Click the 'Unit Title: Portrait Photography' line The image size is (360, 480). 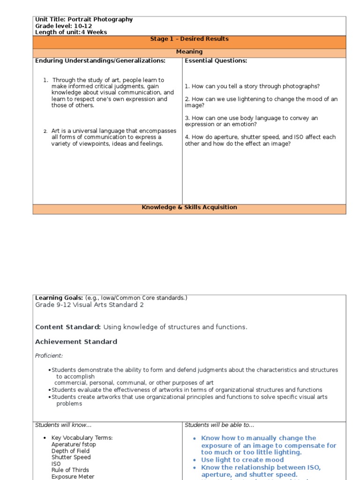[x=84, y=20]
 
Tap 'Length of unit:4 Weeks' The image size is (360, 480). [x=71, y=32]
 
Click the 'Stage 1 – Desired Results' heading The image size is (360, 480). [x=189, y=39]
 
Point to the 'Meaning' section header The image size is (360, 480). [x=189, y=52]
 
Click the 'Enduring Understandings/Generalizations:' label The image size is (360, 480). [x=100, y=61]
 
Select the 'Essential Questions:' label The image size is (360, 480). [x=216, y=61]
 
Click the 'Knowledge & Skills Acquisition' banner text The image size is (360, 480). [x=189, y=207]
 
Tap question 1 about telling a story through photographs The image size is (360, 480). [x=252, y=86]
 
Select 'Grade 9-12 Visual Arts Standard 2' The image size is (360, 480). [x=90, y=305]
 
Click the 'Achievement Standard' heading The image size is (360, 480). [x=76, y=342]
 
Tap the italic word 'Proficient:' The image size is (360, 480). [x=49, y=356]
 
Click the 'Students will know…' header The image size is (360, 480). [x=63, y=425]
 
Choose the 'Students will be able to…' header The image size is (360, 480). [x=219, y=425]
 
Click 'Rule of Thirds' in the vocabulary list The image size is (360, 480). [x=70, y=470]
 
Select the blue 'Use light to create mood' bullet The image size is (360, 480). [x=242, y=460]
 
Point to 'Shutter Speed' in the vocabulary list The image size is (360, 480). [x=71, y=457]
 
